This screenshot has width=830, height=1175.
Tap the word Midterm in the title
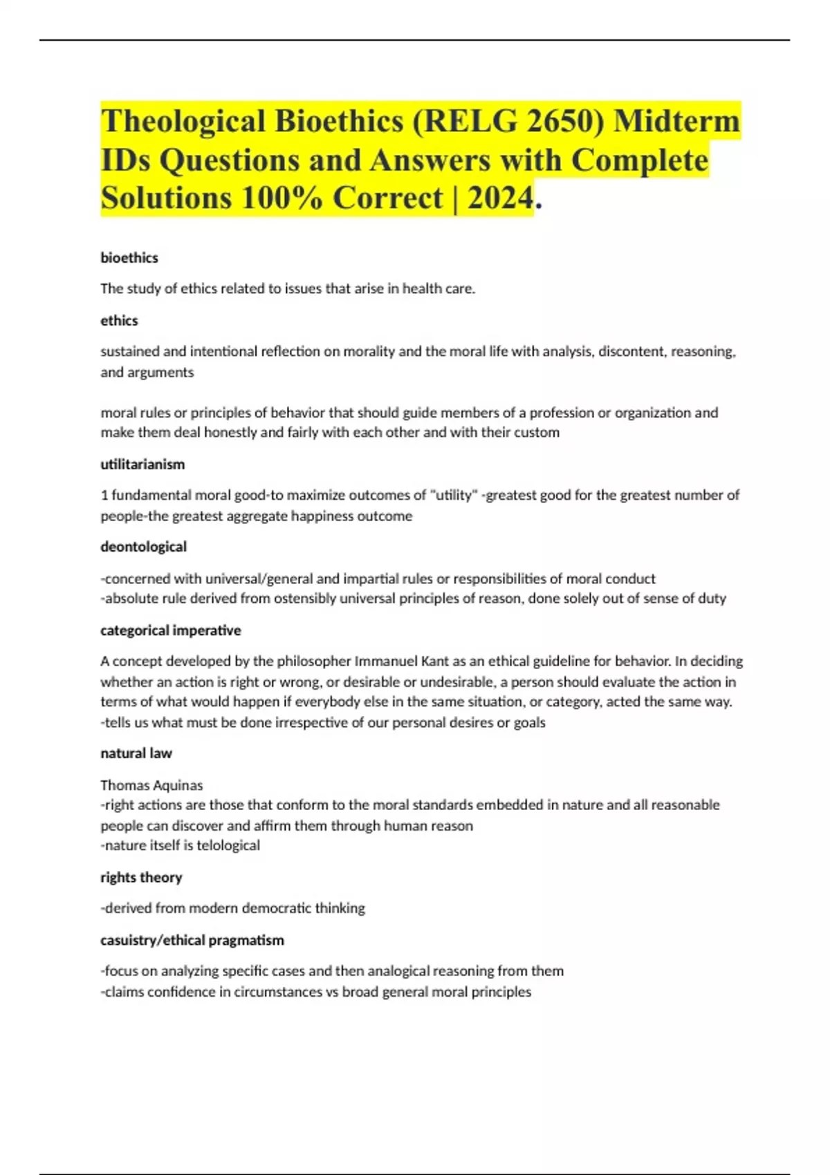coord(677,122)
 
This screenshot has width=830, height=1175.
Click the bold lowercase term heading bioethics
coord(129,258)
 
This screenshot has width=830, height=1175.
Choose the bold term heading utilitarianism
coord(142,464)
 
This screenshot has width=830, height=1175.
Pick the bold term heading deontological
coord(143,547)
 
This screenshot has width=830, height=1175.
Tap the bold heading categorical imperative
coord(170,630)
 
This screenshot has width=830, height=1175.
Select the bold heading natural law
coord(136,753)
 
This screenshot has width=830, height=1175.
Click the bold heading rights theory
coord(141,877)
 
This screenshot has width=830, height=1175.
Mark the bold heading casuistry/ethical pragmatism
coord(192,940)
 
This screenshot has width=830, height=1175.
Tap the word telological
coord(228,845)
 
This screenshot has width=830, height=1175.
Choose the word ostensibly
coord(305,599)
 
